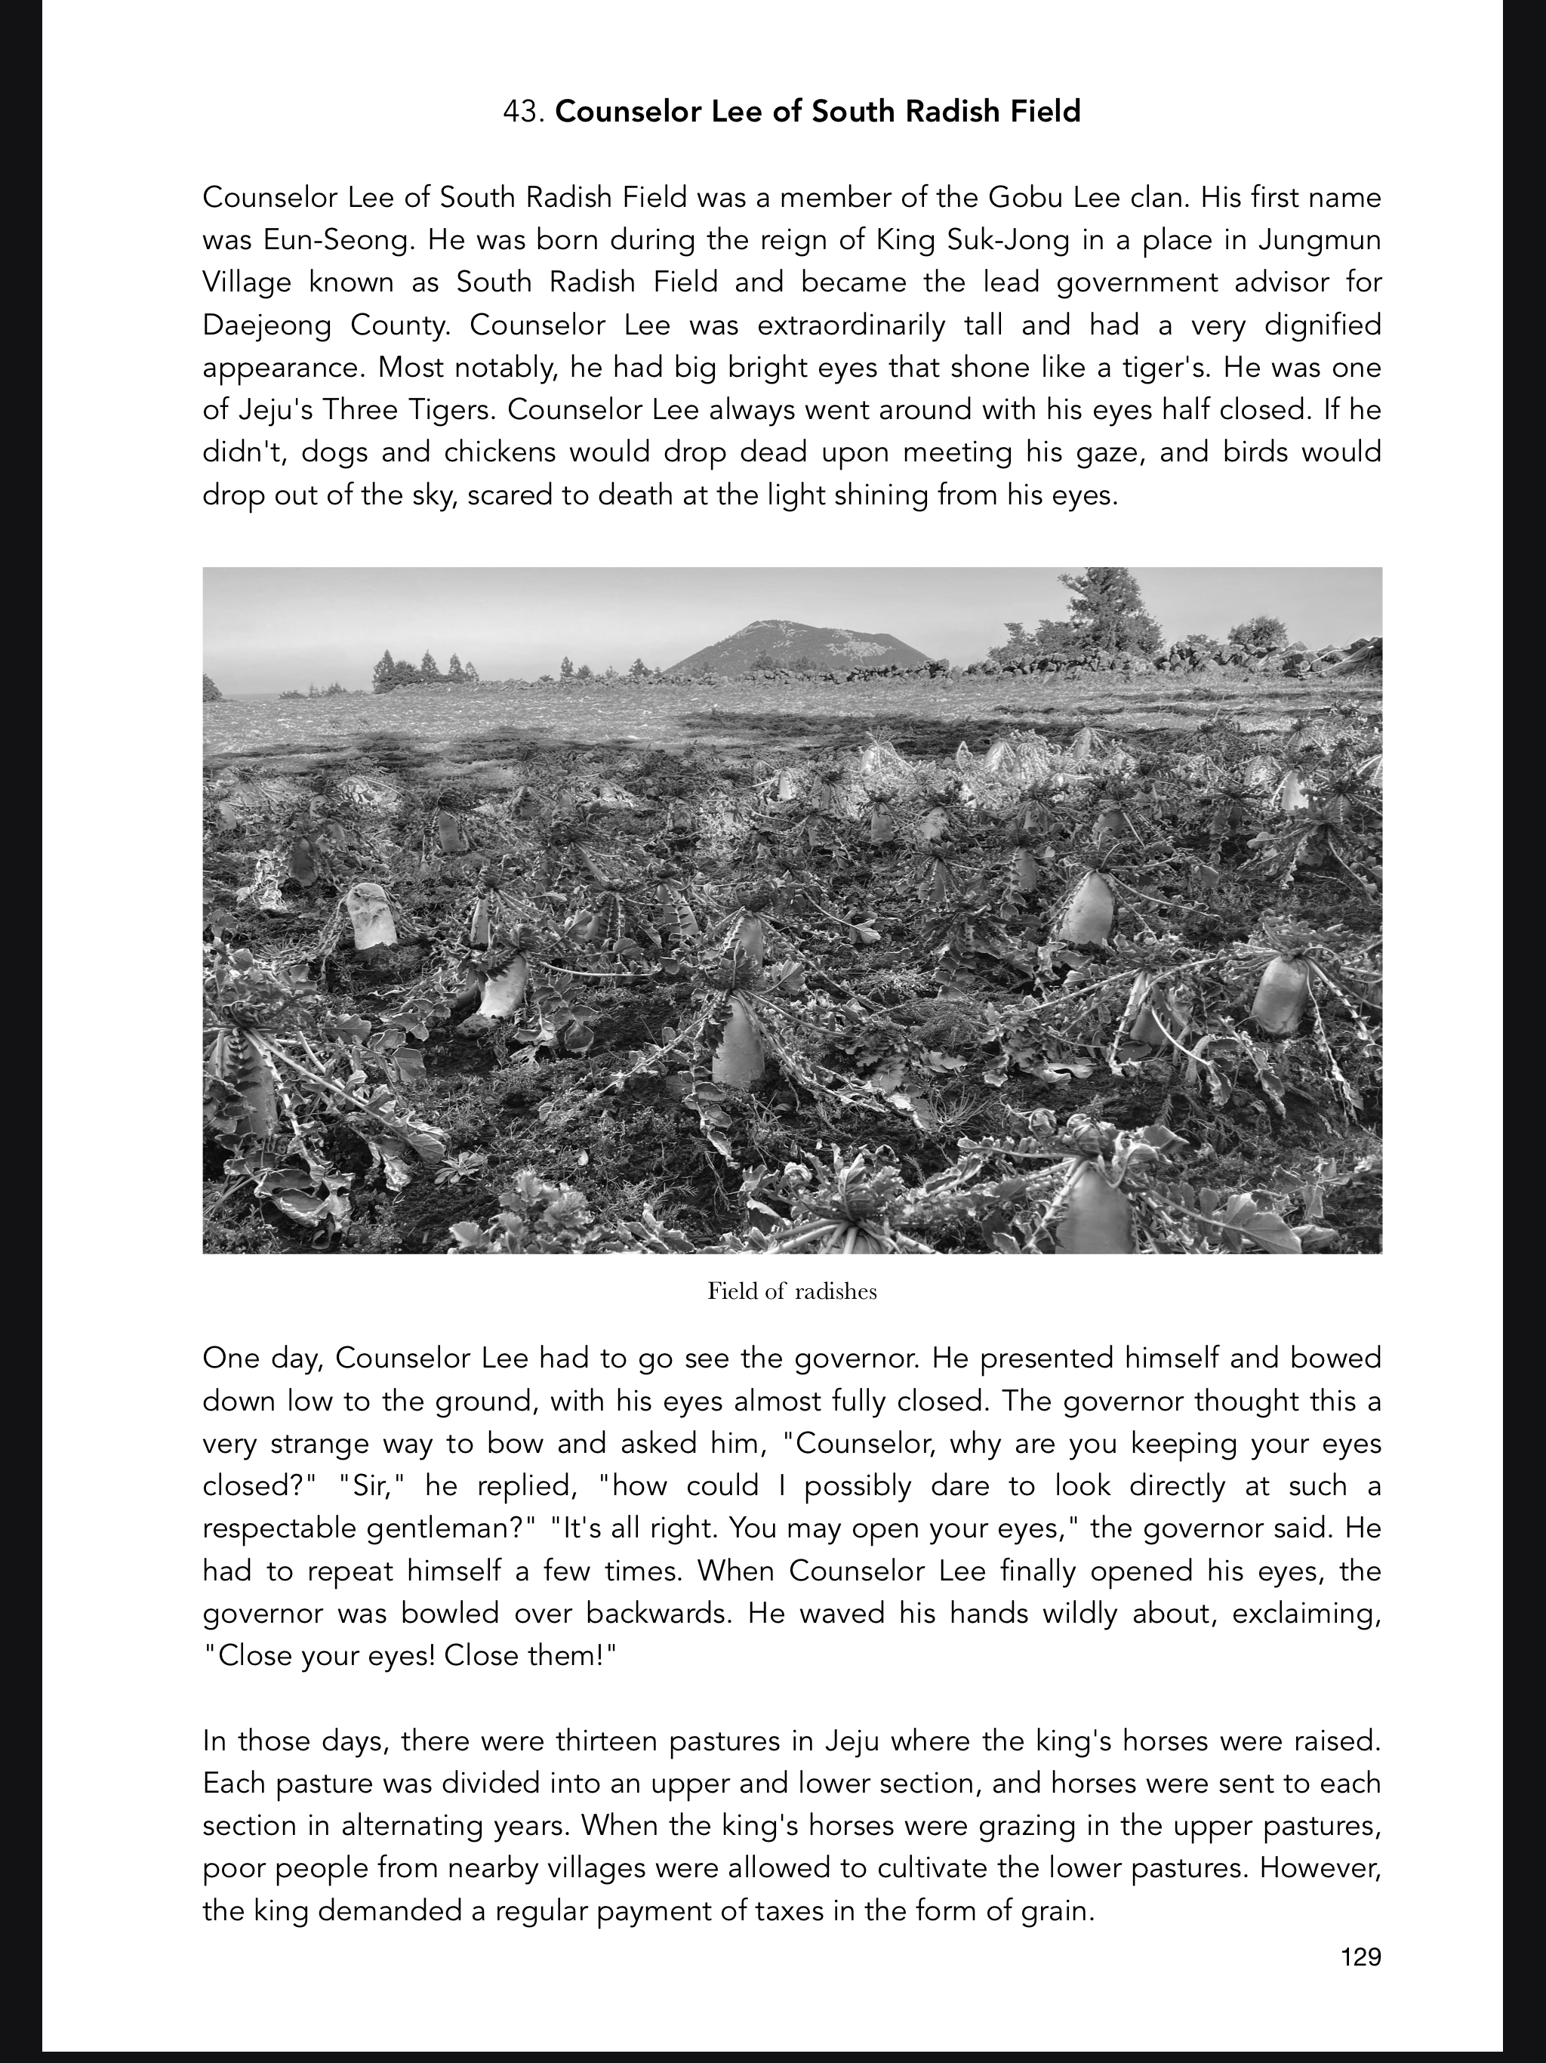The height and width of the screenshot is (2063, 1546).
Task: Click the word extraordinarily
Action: pyautogui.click(x=852, y=325)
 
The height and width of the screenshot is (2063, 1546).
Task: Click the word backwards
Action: pyautogui.click(x=666, y=1614)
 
